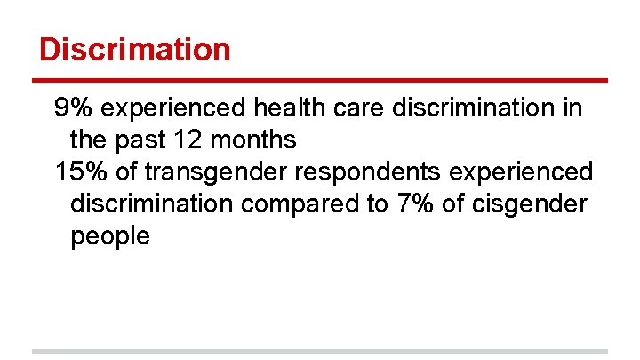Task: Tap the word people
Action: (x=110, y=236)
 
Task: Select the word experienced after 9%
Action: (x=174, y=108)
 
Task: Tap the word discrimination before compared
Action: (x=152, y=204)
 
